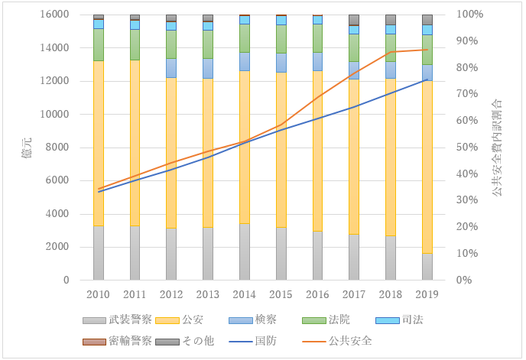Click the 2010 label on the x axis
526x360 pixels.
coord(98,294)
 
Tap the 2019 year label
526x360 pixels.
coord(427,294)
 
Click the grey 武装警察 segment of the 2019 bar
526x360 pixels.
coord(427,266)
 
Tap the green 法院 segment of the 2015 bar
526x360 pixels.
coord(281,39)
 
